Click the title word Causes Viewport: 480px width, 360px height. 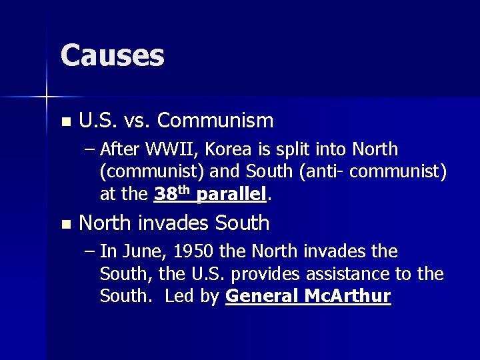112,55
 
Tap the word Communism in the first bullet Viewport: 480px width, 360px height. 215,121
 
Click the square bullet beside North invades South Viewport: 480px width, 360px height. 64,225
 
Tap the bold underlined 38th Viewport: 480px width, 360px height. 172,193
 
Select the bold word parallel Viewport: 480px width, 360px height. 231,194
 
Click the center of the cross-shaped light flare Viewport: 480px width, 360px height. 47,97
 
